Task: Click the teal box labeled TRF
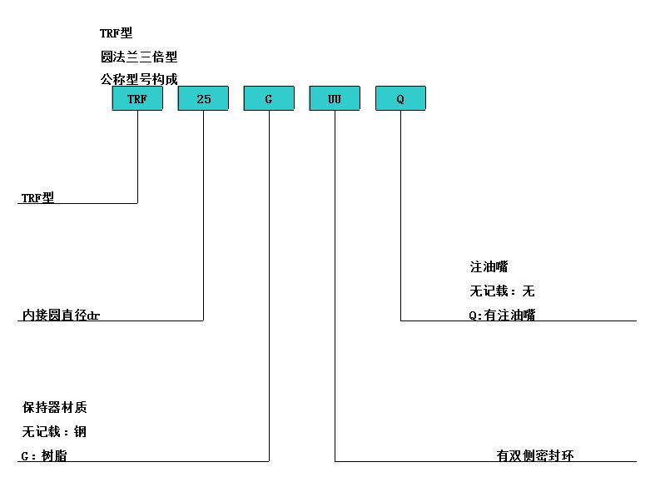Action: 137,98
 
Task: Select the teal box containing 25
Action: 203,98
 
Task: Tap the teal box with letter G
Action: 269,98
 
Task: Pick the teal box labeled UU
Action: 335,98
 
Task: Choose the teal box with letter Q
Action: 400,98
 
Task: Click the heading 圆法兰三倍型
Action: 139,57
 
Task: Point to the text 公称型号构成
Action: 139,79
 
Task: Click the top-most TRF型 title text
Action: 117,33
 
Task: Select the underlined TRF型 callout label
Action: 38,197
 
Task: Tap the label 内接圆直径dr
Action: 61,315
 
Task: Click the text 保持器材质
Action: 54,407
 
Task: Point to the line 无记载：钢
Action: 54,431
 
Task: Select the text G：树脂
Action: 44,455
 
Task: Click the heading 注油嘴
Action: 489,266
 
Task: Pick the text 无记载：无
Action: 502,291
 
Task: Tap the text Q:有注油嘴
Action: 502,315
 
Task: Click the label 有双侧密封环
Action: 535,455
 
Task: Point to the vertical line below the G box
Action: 269,286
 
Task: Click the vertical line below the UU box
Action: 335,286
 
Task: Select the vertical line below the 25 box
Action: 203,216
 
